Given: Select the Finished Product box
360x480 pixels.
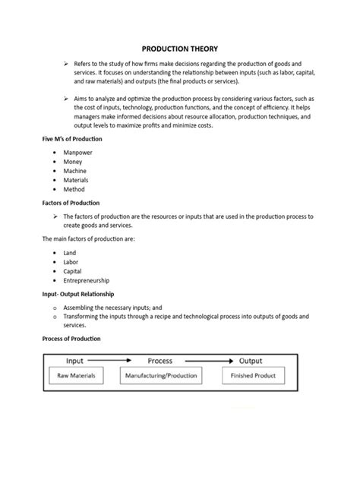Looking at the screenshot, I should click(x=254, y=375).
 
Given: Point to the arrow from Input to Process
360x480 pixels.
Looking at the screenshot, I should click(x=115, y=361).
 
